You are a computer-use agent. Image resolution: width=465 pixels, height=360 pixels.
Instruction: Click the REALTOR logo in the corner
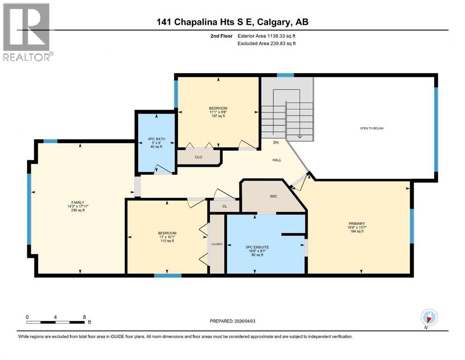click(27, 32)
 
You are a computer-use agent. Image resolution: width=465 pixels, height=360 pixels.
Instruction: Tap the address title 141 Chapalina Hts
click(232, 22)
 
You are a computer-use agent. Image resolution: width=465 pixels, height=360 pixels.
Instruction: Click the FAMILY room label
click(77, 202)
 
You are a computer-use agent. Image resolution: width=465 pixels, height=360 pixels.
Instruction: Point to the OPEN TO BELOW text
click(372, 128)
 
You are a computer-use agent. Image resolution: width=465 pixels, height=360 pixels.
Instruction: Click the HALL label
click(277, 160)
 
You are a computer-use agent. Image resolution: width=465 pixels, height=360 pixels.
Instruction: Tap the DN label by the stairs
click(277, 142)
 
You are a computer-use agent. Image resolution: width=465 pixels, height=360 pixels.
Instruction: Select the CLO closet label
click(198, 157)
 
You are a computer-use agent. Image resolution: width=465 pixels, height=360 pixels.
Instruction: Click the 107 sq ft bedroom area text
click(218, 116)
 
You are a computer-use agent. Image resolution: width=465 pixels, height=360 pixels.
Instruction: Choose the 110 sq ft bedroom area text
click(167, 241)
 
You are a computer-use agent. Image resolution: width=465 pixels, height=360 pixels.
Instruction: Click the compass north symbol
click(428, 318)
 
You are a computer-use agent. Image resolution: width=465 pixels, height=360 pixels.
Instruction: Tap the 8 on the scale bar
click(84, 317)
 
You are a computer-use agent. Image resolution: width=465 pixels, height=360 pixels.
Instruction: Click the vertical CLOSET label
click(216, 244)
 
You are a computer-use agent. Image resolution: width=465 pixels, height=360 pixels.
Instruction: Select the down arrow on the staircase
click(299, 136)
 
